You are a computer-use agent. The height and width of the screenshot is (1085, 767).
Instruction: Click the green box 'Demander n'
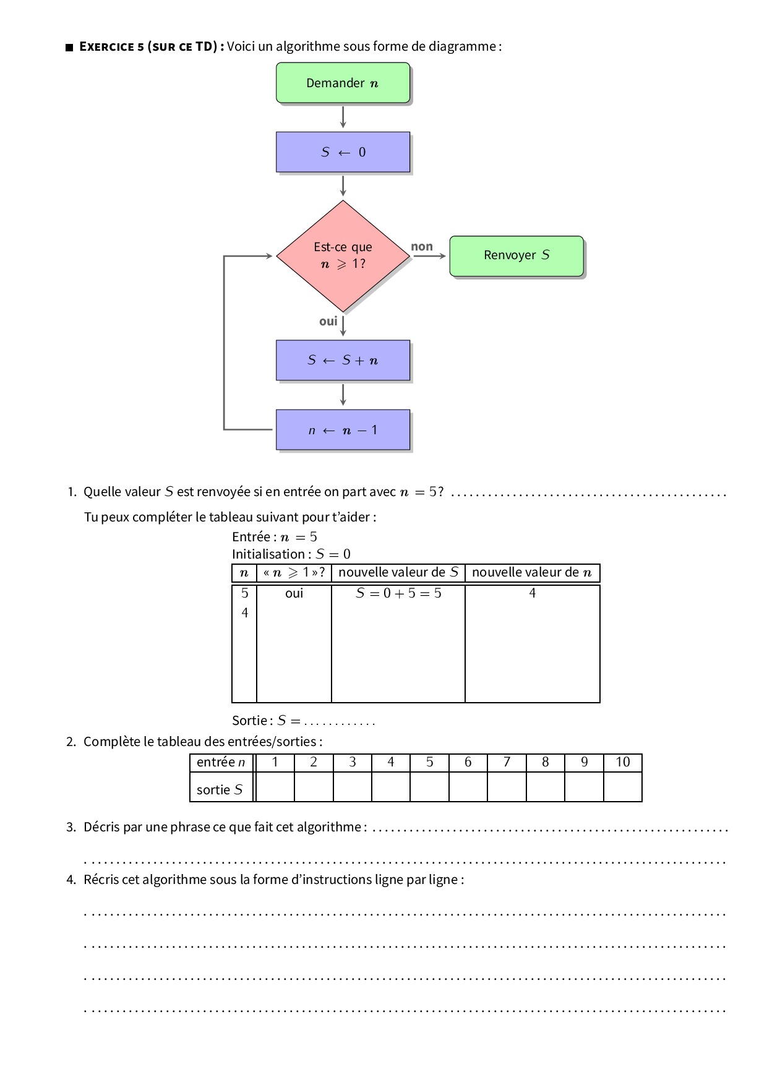click(343, 83)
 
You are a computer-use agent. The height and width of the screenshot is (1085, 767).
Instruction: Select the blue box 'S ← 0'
click(343, 152)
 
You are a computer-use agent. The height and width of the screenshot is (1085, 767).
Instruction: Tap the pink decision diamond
click(343, 255)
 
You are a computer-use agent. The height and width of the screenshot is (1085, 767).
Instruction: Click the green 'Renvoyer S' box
click(516, 255)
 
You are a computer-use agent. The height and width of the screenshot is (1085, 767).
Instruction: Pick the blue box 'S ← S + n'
click(343, 360)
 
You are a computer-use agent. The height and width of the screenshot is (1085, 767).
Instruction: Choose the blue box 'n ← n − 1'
click(343, 430)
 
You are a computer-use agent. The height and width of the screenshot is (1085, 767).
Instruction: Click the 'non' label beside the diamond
click(422, 247)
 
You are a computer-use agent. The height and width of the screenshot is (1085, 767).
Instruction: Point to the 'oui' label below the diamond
click(328, 321)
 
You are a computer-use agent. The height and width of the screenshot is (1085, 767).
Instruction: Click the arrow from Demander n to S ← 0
click(343, 117)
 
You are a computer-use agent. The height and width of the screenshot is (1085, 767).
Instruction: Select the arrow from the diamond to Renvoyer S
click(429, 255)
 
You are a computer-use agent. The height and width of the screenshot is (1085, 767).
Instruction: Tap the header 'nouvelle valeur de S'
click(398, 573)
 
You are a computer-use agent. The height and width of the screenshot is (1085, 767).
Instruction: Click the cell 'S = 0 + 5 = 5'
click(398, 593)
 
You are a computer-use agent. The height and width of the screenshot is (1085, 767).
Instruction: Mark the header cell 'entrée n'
click(221, 763)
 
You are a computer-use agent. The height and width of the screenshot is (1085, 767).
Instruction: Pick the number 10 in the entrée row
click(622, 763)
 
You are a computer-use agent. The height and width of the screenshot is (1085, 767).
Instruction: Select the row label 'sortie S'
click(220, 790)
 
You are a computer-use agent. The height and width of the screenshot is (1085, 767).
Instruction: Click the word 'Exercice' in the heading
click(106, 47)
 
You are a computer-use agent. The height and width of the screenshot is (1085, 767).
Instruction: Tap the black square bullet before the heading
click(69, 48)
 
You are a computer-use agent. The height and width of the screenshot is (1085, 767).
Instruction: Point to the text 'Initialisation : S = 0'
click(291, 554)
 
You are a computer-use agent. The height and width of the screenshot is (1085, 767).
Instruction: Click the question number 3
click(71, 828)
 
